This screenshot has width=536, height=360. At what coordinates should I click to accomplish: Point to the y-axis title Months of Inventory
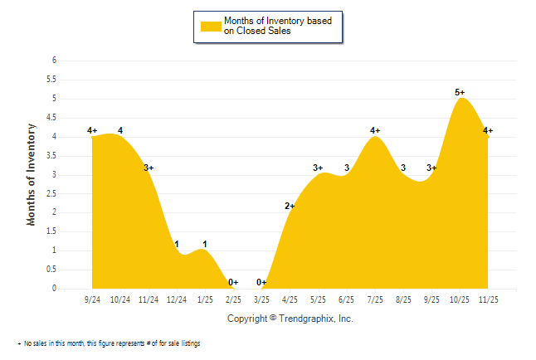(32, 174)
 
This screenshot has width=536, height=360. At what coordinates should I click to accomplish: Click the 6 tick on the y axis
(53, 61)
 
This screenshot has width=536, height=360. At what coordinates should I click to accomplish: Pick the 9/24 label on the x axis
(92, 299)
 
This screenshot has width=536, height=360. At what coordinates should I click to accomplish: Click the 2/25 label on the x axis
(233, 299)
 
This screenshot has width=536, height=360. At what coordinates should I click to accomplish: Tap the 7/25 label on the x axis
(375, 299)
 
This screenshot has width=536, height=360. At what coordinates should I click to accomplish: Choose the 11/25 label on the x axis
(488, 299)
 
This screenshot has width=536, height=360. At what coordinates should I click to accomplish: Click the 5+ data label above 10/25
(460, 92)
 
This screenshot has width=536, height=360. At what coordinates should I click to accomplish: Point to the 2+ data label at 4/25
(290, 206)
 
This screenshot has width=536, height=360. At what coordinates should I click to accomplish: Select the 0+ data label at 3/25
(262, 282)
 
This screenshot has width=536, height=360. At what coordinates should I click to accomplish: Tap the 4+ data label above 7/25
(375, 130)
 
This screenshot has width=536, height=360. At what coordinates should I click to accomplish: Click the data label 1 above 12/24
(177, 244)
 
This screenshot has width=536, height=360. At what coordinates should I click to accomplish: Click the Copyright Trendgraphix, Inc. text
(290, 319)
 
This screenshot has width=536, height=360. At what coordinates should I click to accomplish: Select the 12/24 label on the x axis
(177, 299)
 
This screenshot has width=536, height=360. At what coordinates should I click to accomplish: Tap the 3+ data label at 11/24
(149, 168)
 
